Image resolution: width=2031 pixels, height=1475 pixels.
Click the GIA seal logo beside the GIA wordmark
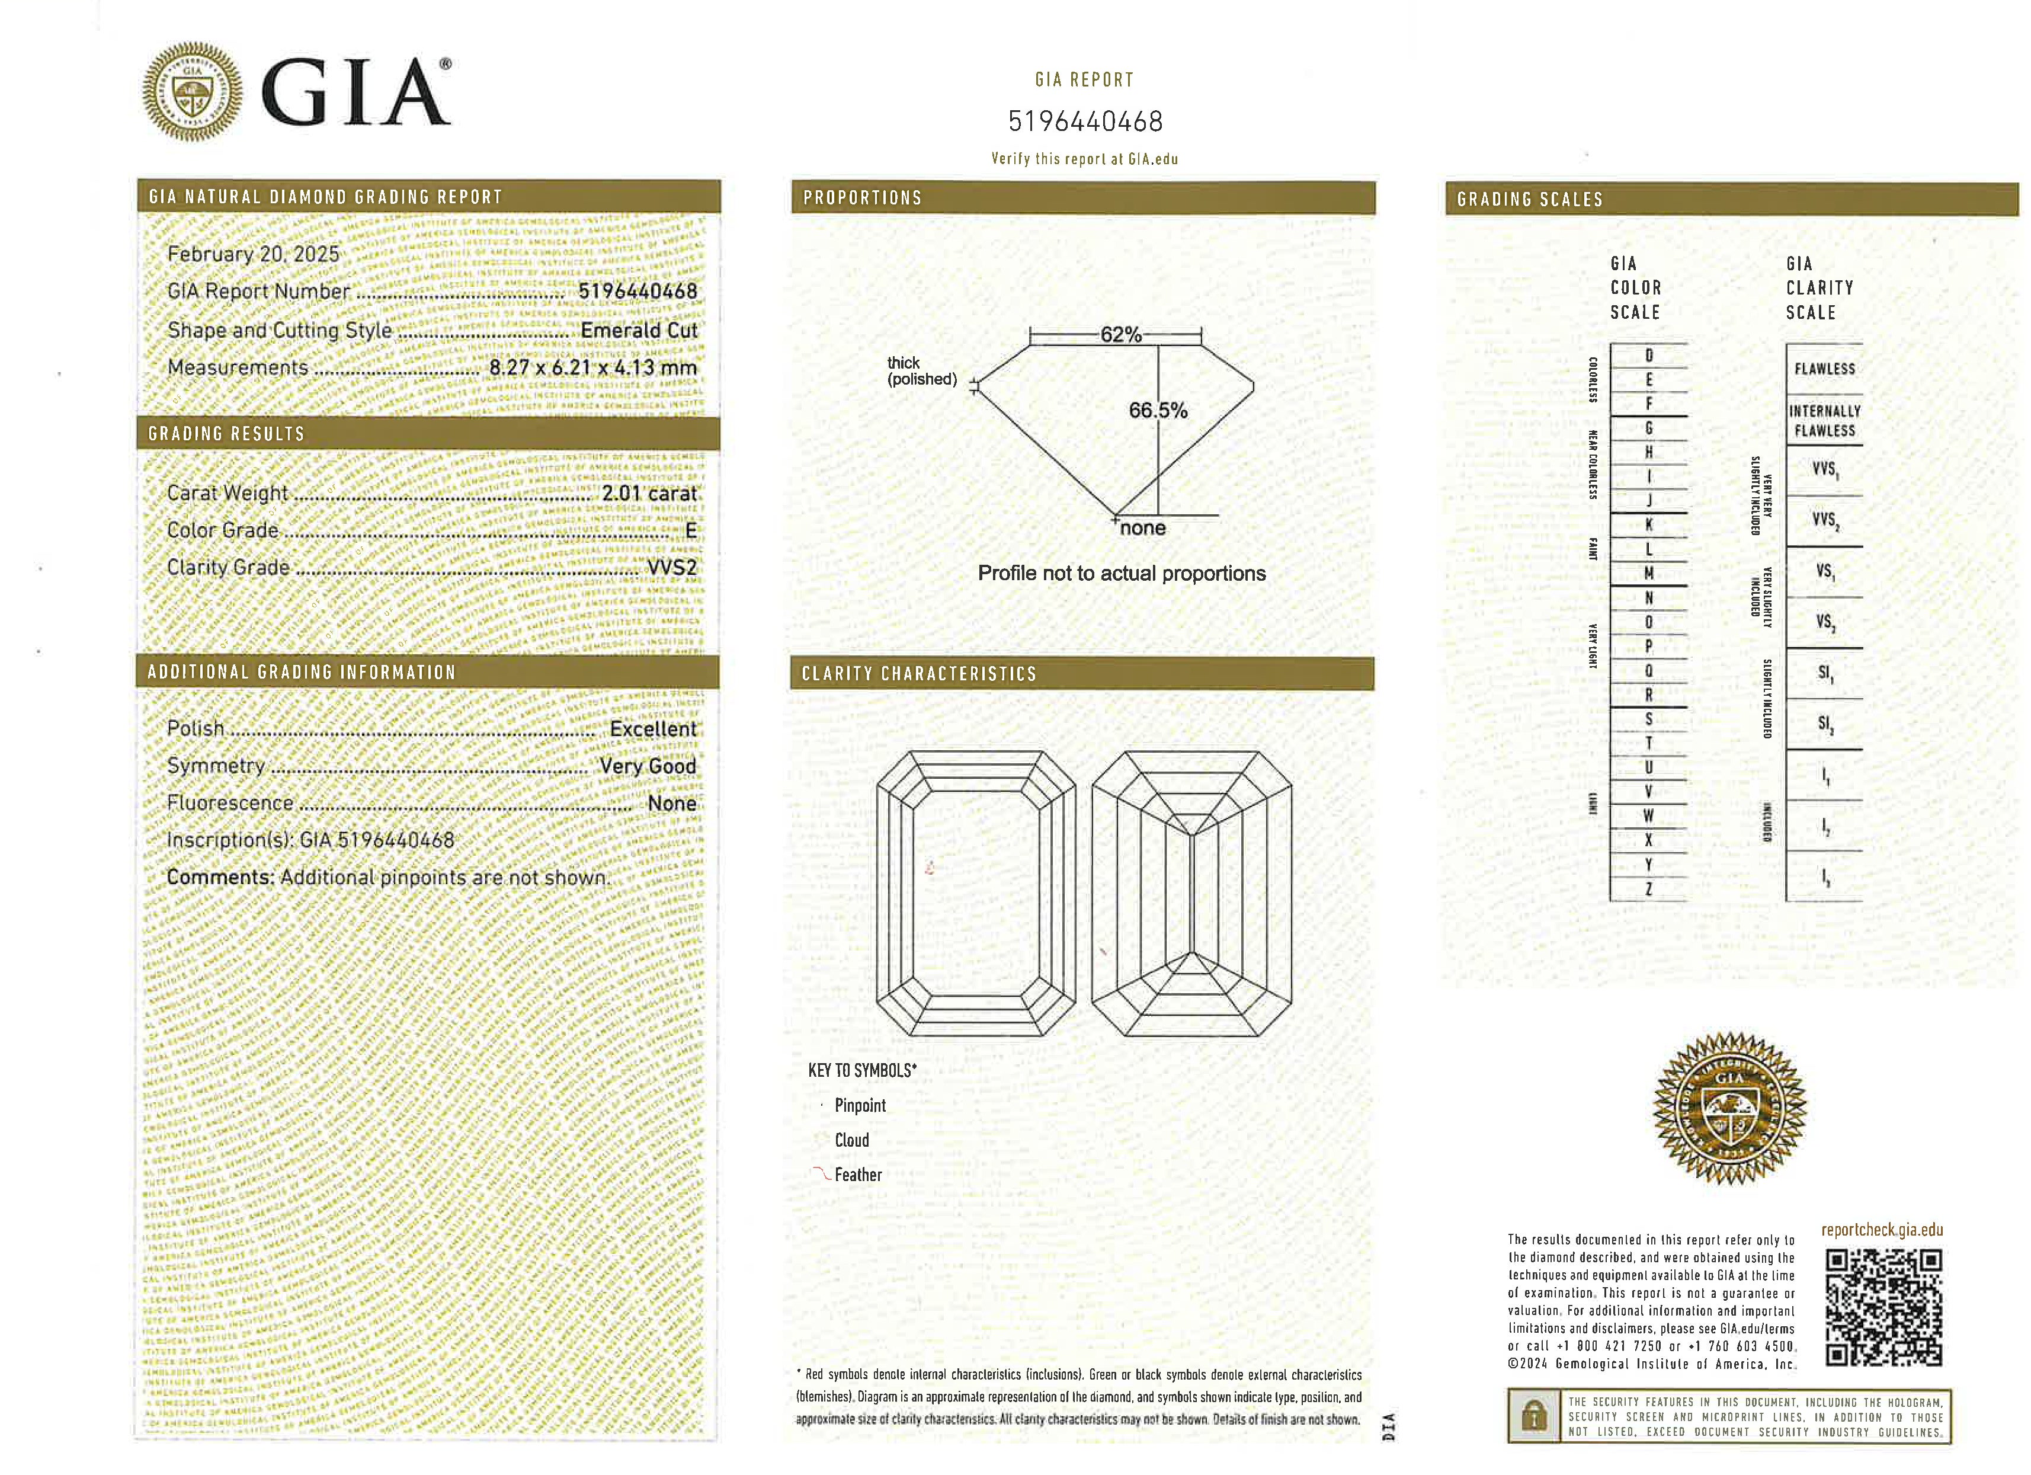tap(193, 91)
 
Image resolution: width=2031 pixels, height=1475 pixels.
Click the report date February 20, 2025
tap(254, 254)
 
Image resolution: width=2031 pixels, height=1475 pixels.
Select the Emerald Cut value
tap(639, 331)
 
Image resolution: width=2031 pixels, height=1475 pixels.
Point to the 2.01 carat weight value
tap(648, 494)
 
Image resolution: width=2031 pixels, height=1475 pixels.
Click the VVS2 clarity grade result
tap(672, 568)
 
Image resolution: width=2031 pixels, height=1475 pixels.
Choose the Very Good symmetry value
tap(648, 767)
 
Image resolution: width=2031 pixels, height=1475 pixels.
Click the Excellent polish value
tap(653, 729)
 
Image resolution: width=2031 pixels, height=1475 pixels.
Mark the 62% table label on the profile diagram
tap(1120, 335)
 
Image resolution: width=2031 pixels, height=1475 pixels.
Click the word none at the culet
tap(1143, 529)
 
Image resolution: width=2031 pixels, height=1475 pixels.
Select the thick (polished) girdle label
tap(921, 371)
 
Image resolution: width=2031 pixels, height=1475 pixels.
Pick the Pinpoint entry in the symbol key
tap(860, 1106)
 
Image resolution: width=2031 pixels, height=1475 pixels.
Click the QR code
tap(1883, 1309)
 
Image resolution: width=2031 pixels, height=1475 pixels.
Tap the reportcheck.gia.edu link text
tap(1882, 1230)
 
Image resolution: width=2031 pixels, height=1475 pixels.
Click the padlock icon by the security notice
tap(1534, 1417)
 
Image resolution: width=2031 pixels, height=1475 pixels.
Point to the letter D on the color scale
tap(1649, 356)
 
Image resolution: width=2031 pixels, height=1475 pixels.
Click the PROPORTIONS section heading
tap(863, 198)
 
